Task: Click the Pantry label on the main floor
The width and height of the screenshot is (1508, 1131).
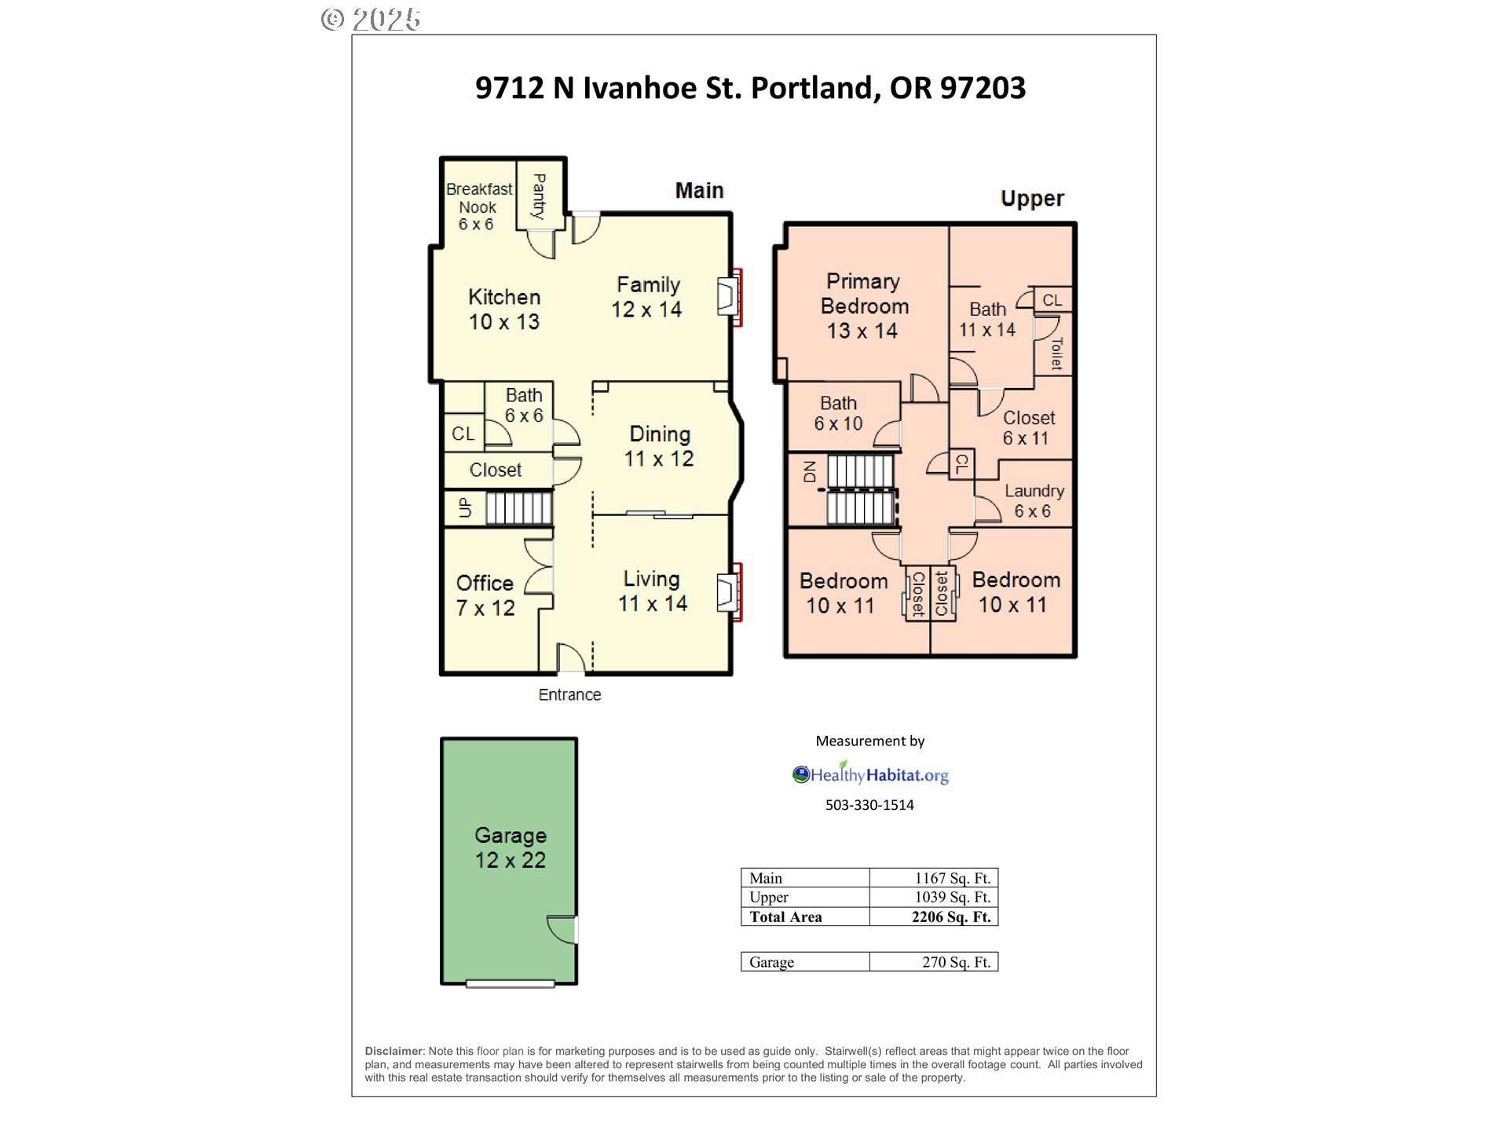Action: (x=539, y=196)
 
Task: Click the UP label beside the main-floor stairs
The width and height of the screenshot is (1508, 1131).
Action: (x=465, y=507)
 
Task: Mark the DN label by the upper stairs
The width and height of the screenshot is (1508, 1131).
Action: (x=810, y=471)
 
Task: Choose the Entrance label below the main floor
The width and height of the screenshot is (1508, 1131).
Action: (x=569, y=694)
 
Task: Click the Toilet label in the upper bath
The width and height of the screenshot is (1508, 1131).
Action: (x=1056, y=353)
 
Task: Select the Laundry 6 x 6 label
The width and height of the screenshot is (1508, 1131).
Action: (x=1034, y=501)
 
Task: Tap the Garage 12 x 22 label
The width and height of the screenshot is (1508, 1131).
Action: (x=511, y=847)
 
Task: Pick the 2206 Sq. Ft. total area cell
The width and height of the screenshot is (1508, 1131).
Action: (x=951, y=917)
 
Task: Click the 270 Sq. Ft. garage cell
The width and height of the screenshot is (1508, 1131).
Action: (x=956, y=962)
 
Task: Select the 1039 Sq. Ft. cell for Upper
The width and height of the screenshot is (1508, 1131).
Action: (x=952, y=897)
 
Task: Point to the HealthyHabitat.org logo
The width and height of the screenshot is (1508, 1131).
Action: (x=870, y=774)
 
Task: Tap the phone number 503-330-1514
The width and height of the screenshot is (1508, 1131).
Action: (x=869, y=804)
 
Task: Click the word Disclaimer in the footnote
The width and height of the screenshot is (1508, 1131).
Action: (x=394, y=1051)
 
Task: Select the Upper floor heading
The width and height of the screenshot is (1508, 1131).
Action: (x=1032, y=199)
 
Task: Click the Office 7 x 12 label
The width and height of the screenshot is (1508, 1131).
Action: (x=485, y=595)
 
